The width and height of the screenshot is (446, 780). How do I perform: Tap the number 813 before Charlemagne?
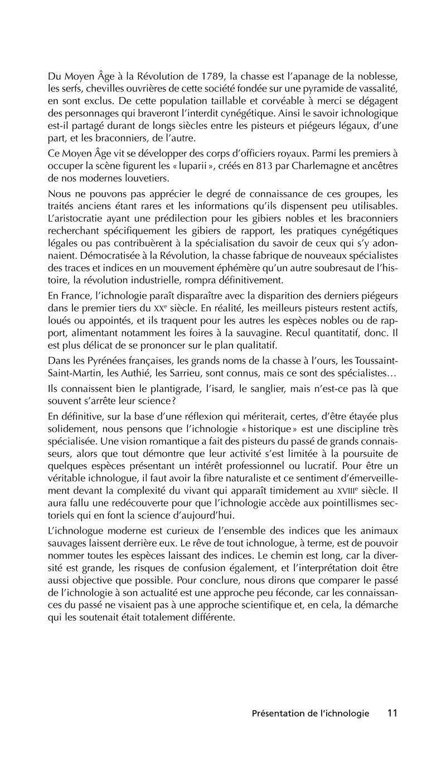[x=238, y=166]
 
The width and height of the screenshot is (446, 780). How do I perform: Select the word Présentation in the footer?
[x=279, y=713]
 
